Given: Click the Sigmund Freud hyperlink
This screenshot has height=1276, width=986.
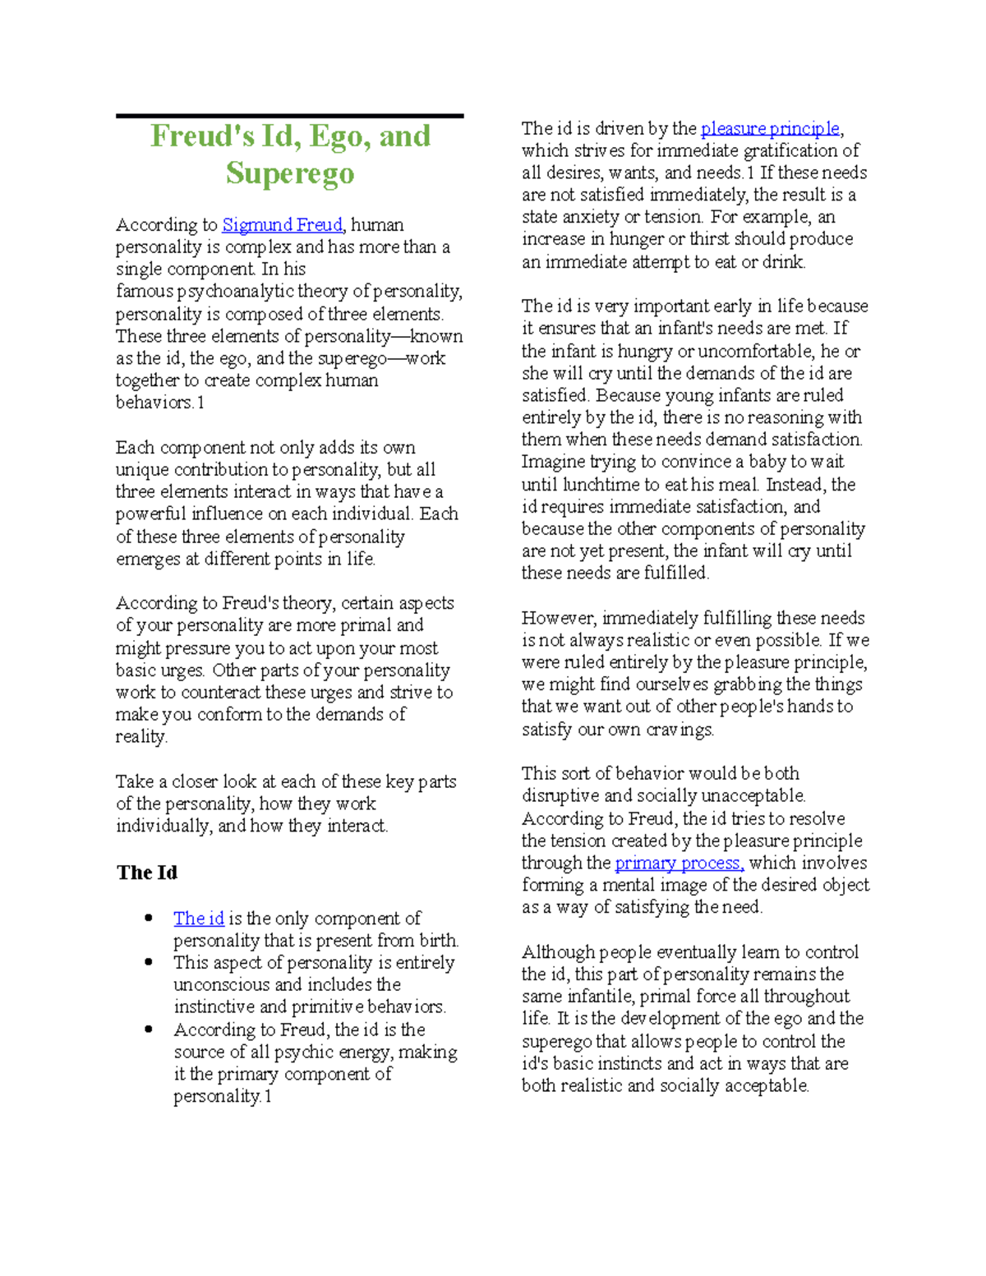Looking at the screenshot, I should point(282,225).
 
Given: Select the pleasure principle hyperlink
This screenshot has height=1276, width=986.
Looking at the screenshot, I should point(770,128).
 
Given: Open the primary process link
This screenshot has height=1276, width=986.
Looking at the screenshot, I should point(679,863).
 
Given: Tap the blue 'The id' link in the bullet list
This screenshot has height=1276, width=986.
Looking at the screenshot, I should point(199,919).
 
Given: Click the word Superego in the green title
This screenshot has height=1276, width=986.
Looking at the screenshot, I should point(290,173).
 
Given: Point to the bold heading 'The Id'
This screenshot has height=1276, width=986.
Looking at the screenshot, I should point(147,873).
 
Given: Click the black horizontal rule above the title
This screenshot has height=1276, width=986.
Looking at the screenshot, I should point(290,117).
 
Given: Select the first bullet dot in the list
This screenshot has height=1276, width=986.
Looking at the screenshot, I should point(149,919).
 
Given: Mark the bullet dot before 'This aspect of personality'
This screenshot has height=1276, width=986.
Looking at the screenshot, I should point(149,963).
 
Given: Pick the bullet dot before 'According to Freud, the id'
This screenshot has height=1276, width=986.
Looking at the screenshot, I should point(149,1030).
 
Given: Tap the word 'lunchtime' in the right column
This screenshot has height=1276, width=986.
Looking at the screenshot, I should point(599,485).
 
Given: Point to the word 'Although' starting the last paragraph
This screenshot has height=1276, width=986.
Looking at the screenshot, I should point(558,952).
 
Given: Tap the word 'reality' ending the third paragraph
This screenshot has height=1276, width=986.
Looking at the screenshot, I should point(141,737).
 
